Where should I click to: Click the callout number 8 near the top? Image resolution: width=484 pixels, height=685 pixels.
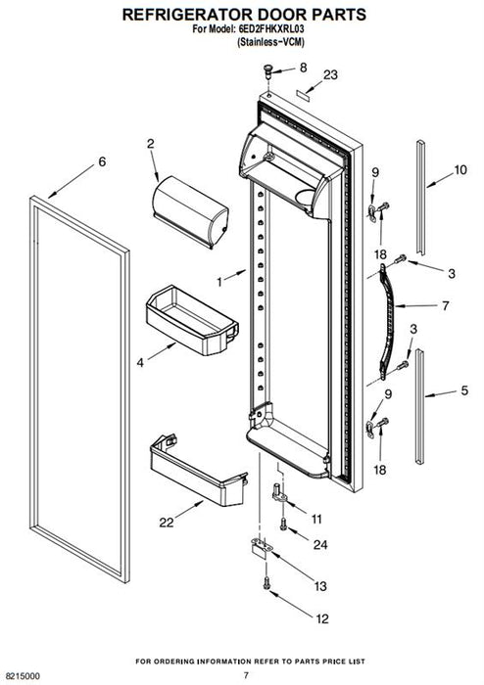pyautogui.click(x=303, y=68)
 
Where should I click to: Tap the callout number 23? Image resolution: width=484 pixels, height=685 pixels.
pyautogui.click(x=330, y=75)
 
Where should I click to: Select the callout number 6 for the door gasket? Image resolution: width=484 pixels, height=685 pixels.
pyautogui.click(x=102, y=162)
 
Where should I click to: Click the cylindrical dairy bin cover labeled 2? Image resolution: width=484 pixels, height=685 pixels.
pyautogui.click(x=190, y=212)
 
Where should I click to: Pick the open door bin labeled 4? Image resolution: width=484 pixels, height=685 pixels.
pyautogui.click(x=192, y=319)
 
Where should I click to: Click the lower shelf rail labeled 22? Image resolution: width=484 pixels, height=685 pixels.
pyautogui.click(x=198, y=472)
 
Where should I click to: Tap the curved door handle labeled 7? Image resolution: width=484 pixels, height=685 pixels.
pyautogui.click(x=387, y=321)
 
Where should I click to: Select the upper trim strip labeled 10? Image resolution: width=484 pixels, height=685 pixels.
pyautogui.click(x=420, y=198)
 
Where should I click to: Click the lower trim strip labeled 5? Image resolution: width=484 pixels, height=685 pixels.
pyautogui.click(x=419, y=406)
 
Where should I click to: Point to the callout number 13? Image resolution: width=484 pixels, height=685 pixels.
pyautogui.click(x=320, y=586)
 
